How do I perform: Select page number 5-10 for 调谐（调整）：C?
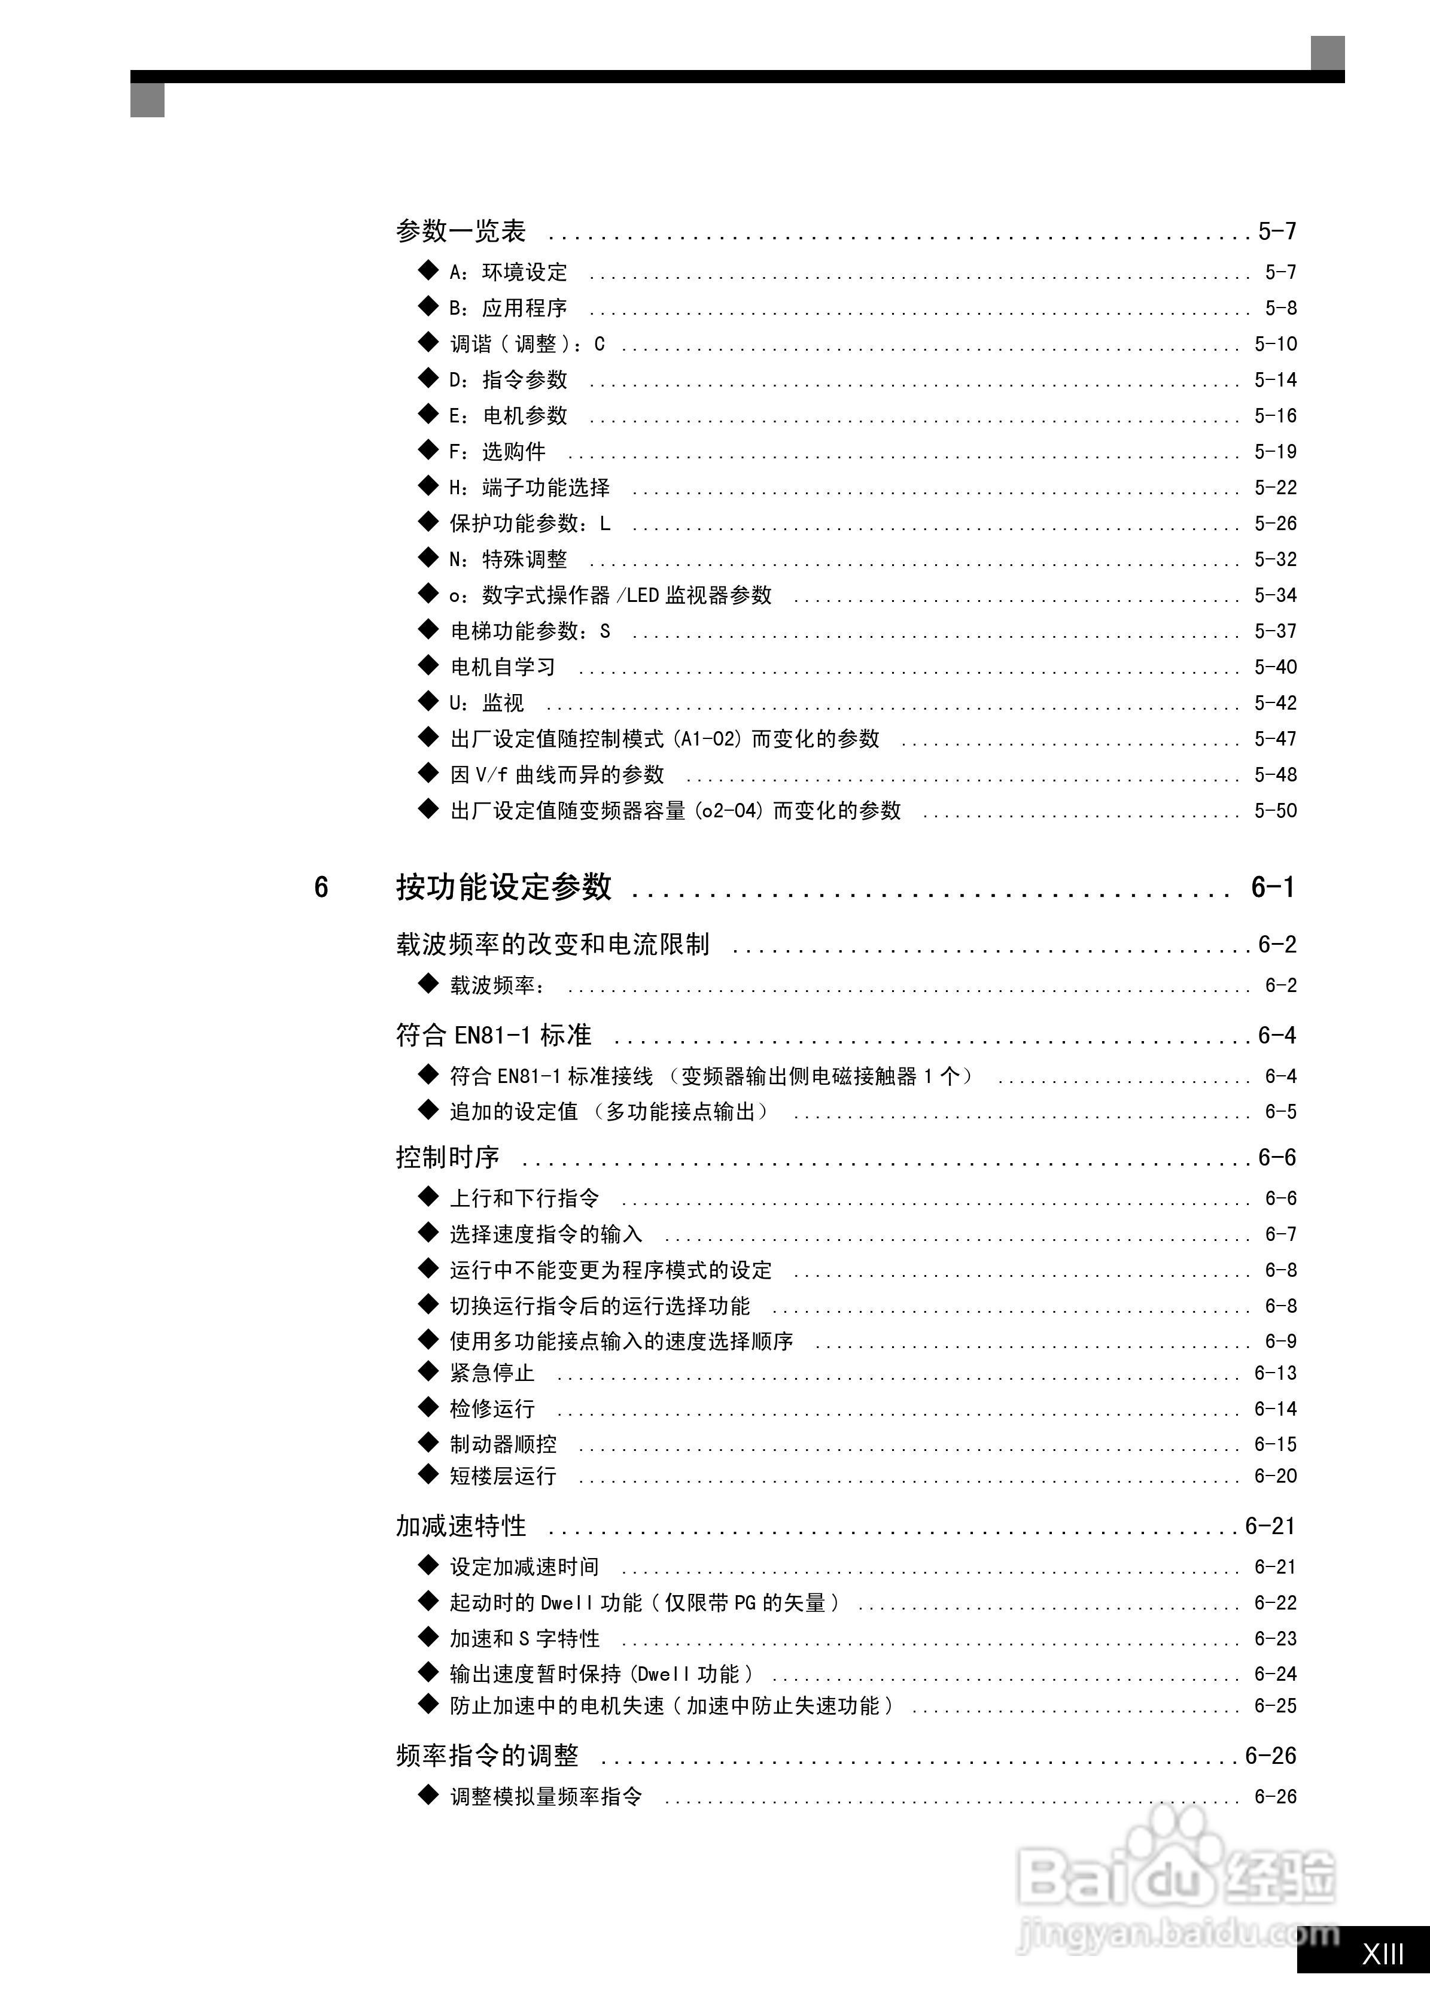click(x=1275, y=344)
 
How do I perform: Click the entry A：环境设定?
click(x=508, y=272)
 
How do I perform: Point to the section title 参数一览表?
click(x=461, y=232)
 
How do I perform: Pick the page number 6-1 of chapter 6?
click(x=1273, y=887)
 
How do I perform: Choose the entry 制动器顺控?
click(x=503, y=1444)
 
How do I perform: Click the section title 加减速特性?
click(x=461, y=1526)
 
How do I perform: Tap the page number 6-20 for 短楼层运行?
click(x=1275, y=1476)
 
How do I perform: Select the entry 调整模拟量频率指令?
click(x=546, y=1796)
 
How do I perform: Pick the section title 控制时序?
click(x=448, y=1157)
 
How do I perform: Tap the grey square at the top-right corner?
click(x=1327, y=53)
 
